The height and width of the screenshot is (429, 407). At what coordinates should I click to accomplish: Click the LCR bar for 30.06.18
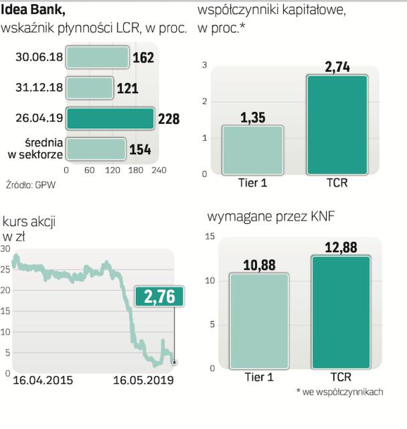click(98, 58)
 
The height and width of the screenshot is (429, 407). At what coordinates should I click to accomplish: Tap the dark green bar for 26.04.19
click(111, 119)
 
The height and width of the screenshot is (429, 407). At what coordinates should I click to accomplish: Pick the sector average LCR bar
click(96, 149)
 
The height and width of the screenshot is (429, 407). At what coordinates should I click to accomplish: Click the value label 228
click(169, 119)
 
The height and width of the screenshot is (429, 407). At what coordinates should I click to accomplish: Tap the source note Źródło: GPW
click(31, 184)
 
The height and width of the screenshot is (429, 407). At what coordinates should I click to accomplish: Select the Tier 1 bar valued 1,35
click(253, 150)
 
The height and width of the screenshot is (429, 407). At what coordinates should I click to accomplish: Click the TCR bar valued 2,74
click(337, 125)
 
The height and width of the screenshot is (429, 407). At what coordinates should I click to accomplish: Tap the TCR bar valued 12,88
click(341, 312)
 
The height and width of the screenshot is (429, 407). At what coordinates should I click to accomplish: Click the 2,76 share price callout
click(159, 298)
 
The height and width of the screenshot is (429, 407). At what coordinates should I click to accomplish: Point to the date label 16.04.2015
click(43, 381)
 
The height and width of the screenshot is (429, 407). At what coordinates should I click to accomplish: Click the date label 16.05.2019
click(142, 381)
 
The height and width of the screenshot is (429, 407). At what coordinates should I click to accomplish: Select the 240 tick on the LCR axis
click(158, 170)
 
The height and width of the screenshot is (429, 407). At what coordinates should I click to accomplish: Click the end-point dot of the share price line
click(175, 363)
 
